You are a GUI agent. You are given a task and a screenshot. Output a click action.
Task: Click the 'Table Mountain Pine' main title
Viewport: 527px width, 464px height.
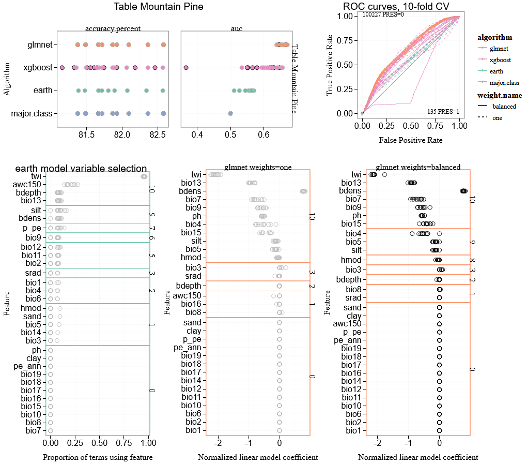point(158,7)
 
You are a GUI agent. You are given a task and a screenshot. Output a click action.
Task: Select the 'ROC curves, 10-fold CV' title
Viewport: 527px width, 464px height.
point(396,6)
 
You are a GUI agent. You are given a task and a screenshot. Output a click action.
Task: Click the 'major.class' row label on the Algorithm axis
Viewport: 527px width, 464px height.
point(32,113)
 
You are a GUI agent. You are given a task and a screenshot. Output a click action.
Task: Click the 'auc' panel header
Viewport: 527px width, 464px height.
point(236,28)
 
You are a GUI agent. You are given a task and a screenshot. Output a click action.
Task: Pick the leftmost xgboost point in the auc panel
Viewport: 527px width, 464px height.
point(186,68)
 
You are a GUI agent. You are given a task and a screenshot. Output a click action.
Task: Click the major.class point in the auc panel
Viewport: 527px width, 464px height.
point(230,113)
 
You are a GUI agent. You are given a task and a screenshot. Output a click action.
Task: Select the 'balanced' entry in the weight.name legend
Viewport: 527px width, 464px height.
point(504,106)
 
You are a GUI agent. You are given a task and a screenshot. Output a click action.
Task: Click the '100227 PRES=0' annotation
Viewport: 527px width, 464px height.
point(383,14)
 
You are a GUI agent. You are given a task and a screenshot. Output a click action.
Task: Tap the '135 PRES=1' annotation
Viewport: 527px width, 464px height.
point(443,112)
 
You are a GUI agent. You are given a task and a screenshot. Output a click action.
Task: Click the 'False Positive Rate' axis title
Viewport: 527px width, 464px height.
point(411,140)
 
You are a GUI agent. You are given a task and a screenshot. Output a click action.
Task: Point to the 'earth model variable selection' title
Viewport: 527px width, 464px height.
point(81,168)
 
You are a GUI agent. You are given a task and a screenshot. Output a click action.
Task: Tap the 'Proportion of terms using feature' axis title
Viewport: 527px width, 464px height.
point(98,457)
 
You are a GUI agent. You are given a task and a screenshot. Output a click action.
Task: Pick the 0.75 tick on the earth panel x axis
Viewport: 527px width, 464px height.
point(124,444)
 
